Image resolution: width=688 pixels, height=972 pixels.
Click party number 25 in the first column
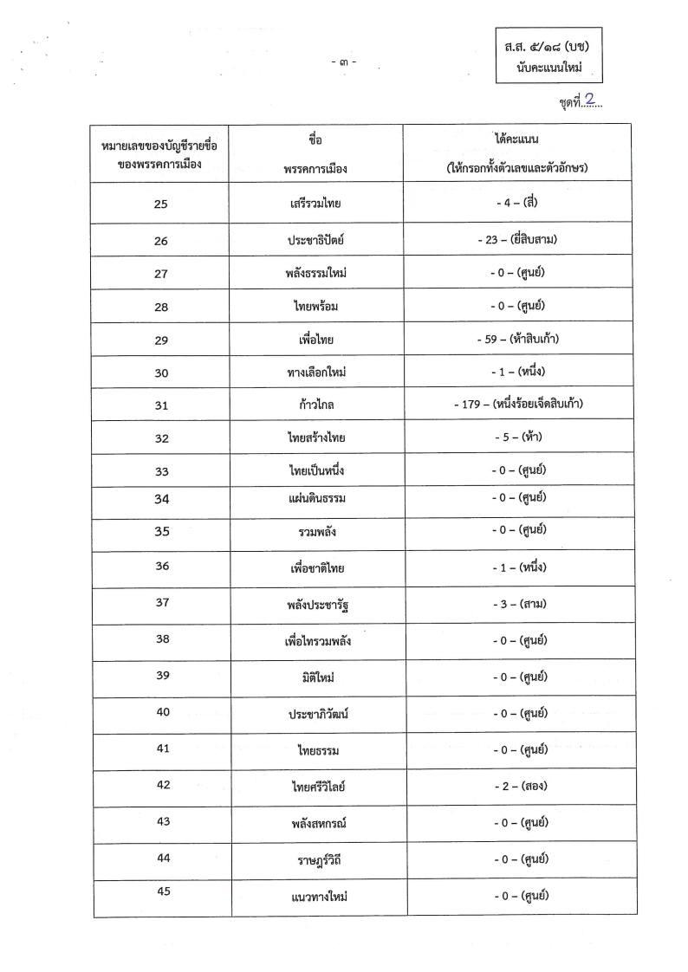point(160,204)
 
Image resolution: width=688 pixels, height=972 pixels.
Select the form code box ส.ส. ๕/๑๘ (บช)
point(549,53)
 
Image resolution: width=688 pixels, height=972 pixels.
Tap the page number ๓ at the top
point(345,62)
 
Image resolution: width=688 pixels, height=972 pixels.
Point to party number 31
point(160,405)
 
